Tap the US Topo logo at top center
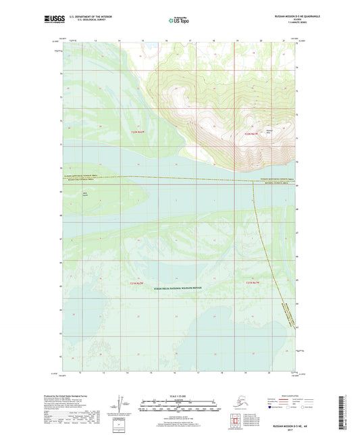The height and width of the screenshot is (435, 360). (x=174, y=21)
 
